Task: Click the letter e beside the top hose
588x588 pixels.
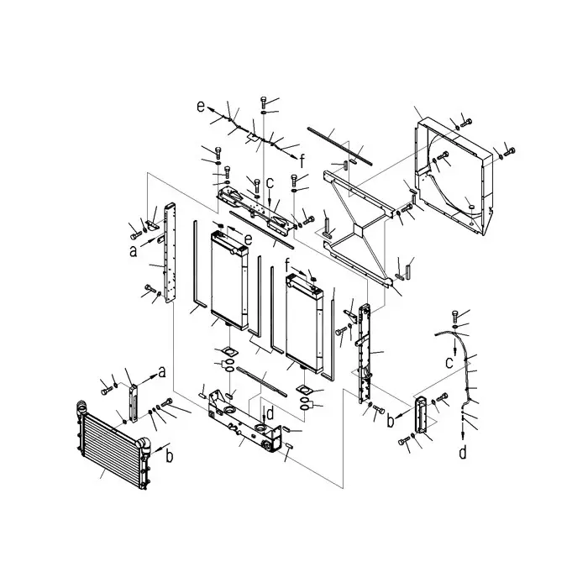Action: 201,106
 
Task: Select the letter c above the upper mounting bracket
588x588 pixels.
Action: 270,182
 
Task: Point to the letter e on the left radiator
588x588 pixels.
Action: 248,239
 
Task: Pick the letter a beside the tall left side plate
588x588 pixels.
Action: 133,249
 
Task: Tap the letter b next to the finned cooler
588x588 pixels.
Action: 169,456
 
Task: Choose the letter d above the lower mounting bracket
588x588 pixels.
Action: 270,412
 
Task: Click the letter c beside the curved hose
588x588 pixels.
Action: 449,362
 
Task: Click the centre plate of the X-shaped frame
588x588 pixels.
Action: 359,227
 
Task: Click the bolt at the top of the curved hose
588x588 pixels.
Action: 455,317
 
